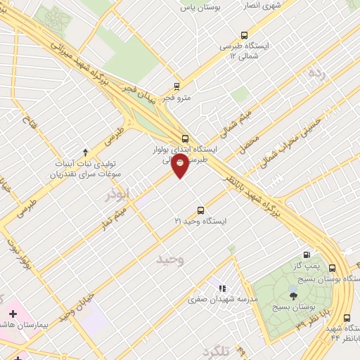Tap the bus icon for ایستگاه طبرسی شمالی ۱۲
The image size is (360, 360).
point(244,35)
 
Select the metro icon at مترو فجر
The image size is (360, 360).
point(176,88)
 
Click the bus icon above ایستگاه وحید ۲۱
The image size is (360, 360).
point(200,210)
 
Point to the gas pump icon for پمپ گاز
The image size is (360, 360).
point(306,255)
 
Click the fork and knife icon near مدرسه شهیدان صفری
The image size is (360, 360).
point(222,288)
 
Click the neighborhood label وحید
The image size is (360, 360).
point(170,259)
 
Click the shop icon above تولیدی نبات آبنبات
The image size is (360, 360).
point(86,152)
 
